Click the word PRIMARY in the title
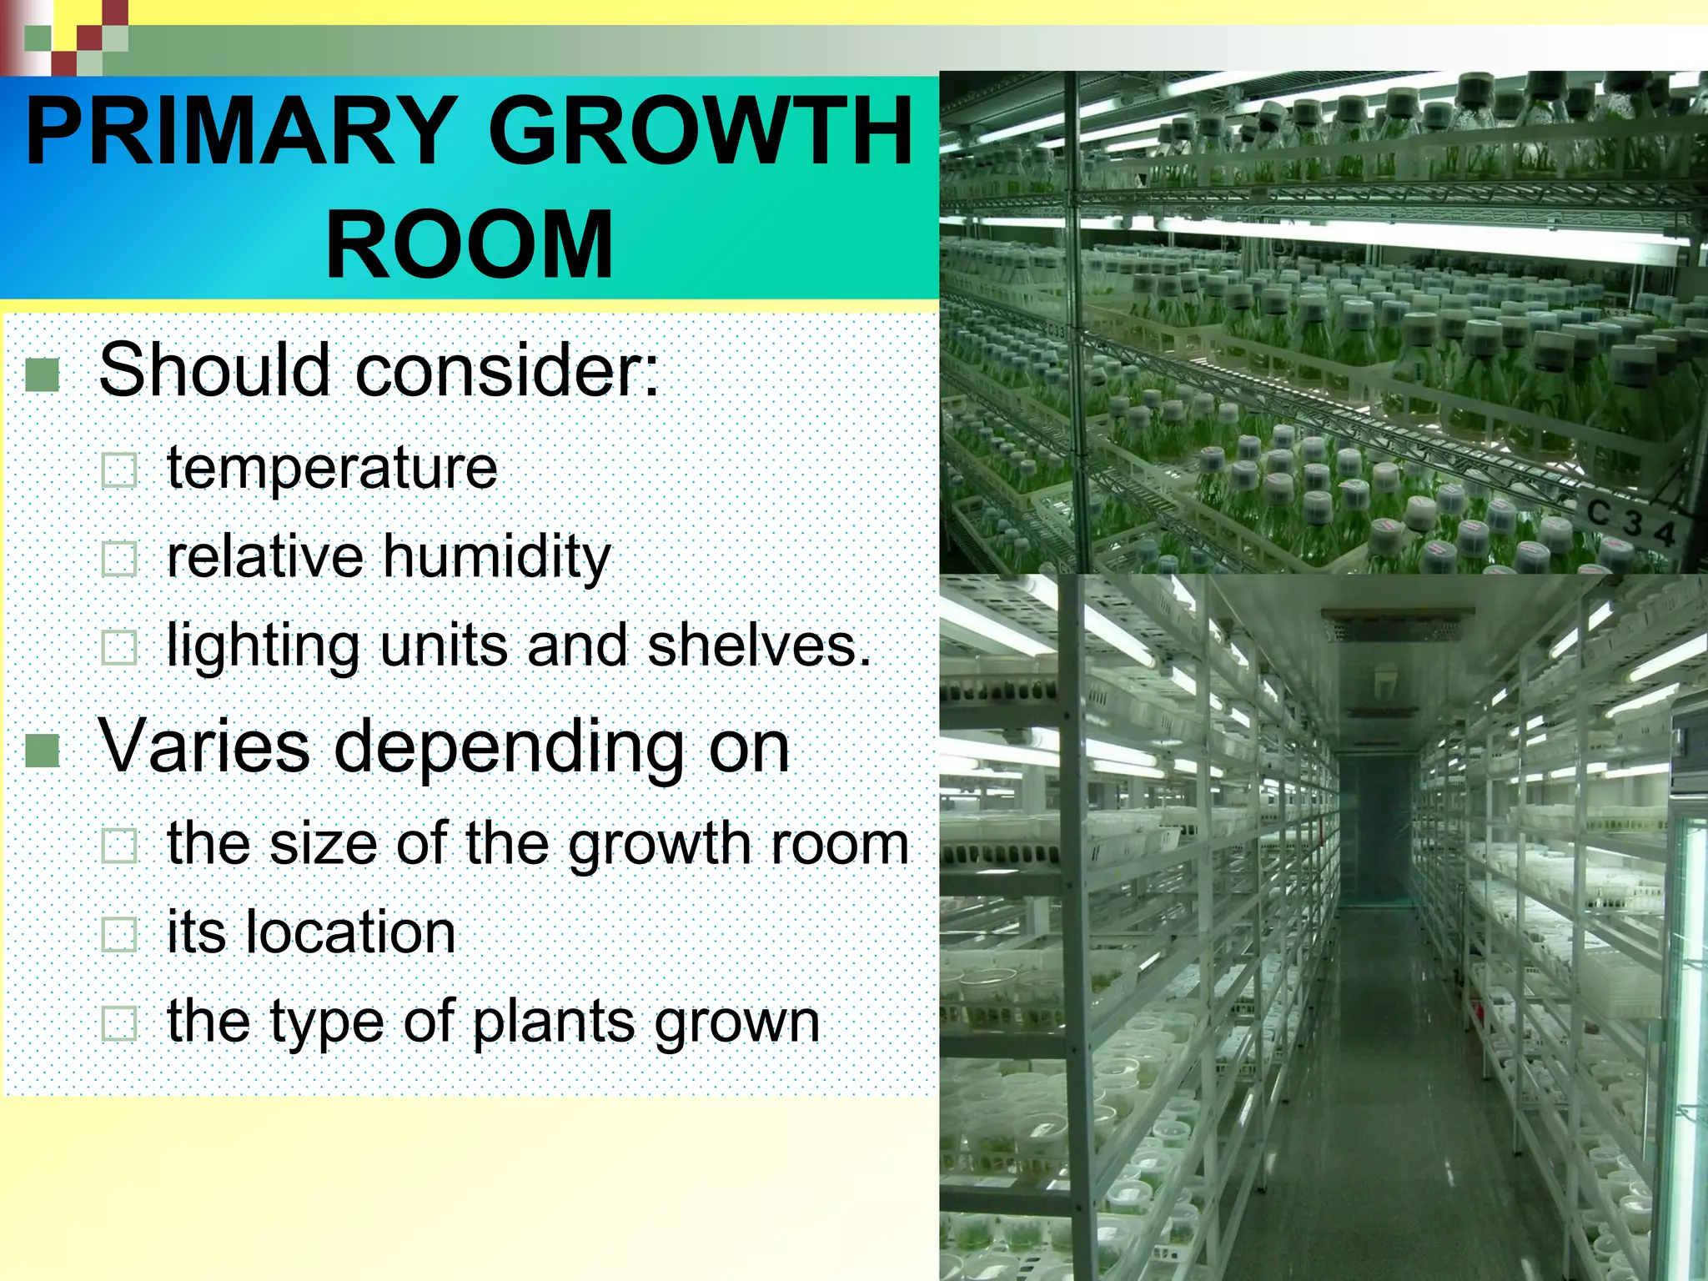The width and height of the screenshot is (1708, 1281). point(242,132)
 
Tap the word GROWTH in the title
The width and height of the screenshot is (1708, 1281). point(701,132)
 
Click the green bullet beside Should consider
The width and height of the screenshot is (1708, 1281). point(42,374)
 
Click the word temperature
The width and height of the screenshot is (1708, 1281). point(332,468)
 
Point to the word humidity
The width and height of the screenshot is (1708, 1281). point(497,557)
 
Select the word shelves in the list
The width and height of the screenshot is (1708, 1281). point(759,646)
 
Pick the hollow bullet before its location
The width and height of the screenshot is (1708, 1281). point(118,934)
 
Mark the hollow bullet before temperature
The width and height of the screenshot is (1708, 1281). point(118,470)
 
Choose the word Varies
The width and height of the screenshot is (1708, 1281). point(204,746)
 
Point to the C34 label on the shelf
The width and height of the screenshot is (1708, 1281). point(1631,522)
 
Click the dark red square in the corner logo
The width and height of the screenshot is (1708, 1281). point(89,38)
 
